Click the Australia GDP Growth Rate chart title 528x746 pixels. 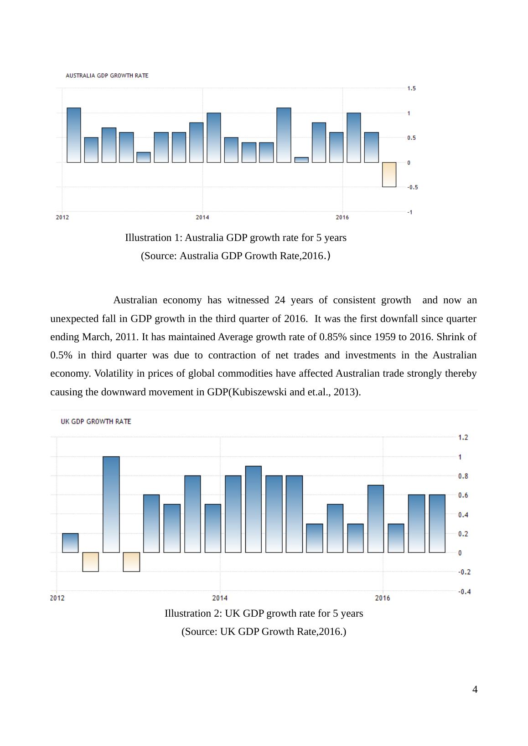click(107, 76)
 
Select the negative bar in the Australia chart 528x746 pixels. click(389, 174)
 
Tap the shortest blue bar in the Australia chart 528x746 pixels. click(301, 160)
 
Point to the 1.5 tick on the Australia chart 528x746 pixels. click(411, 88)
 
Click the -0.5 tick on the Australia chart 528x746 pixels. click(412, 187)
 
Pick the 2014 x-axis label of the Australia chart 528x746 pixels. click(202, 217)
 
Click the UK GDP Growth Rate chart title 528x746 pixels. click(96, 422)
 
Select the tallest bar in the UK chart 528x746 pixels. click(111, 504)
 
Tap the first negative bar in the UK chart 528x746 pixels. click(90, 562)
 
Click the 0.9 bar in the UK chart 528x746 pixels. click(254, 509)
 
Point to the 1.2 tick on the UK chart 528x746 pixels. click(463, 438)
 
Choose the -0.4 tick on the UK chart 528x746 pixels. click(464, 592)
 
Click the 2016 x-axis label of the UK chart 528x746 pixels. click(383, 598)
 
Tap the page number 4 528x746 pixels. click(475, 690)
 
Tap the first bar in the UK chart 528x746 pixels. click(70, 543)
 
